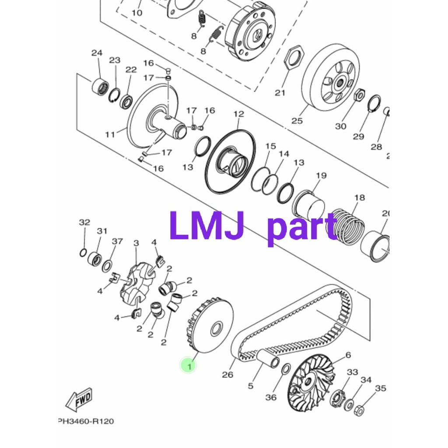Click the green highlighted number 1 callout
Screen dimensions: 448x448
click(x=189, y=365)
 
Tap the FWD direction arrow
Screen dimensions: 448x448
click(x=79, y=399)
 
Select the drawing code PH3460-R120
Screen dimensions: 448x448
click(x=86, y=421)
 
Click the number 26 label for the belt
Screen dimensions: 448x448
click(x=227, y=374)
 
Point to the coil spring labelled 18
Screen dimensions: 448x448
click(x=346, y=226)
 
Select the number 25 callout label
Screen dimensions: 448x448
click(x=297, y=121)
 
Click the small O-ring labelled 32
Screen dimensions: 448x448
click(x=83, y=252)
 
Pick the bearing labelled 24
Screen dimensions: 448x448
click(x=100, y=87)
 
